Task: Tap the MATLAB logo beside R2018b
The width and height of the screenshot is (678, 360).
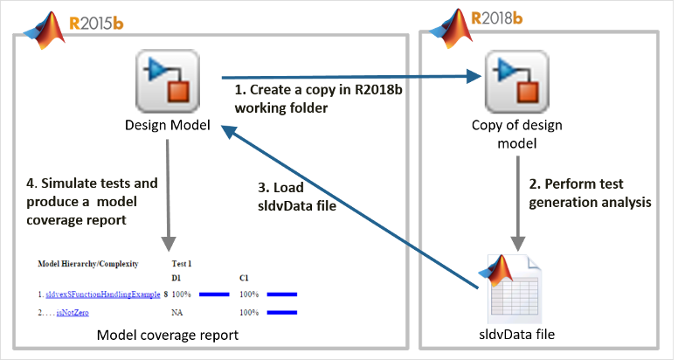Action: coord(447,26)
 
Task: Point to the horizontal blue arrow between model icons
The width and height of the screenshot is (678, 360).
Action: coord(349,77)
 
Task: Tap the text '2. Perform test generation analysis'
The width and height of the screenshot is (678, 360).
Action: coord(591,193)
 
